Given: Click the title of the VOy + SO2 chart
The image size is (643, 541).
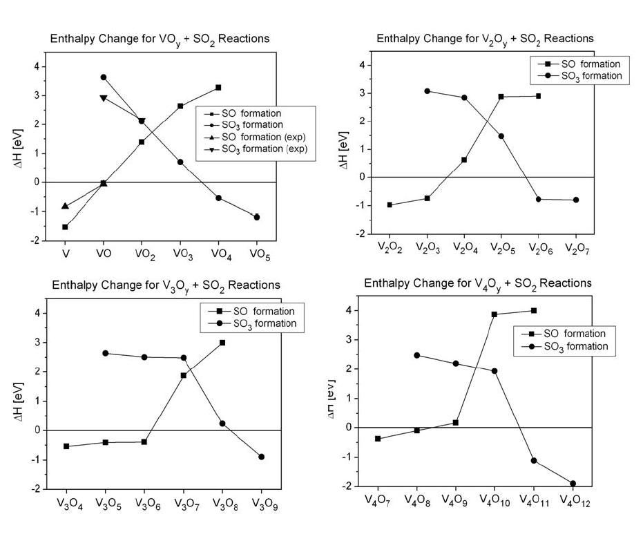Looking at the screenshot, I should click(x=160, y=39).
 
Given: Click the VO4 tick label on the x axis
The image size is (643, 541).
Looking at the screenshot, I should click(x=218, y=254).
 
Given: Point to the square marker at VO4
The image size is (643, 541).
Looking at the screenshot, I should click(x=218, y=88).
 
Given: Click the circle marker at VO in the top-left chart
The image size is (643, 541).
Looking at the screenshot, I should click(x=103, y=77).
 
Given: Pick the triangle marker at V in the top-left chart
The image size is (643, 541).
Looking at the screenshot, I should click(x=65, y=206).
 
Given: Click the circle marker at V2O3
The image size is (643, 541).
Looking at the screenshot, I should click(x=428, y=91).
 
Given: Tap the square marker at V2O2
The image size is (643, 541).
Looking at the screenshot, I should click(x=390, y=205).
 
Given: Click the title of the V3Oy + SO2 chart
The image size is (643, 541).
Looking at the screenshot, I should click(x=164, y=285).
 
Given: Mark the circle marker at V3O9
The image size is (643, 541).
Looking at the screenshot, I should click(x=261, y=457).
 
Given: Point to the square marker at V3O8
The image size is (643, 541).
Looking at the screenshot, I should click(x=222, y=343).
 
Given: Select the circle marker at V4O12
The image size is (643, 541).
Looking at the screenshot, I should click(x=573, y=484).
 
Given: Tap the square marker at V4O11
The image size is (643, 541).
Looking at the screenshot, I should click(x=533, y=311).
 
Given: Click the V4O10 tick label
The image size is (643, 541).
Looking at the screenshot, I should click(x=495, y=499).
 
